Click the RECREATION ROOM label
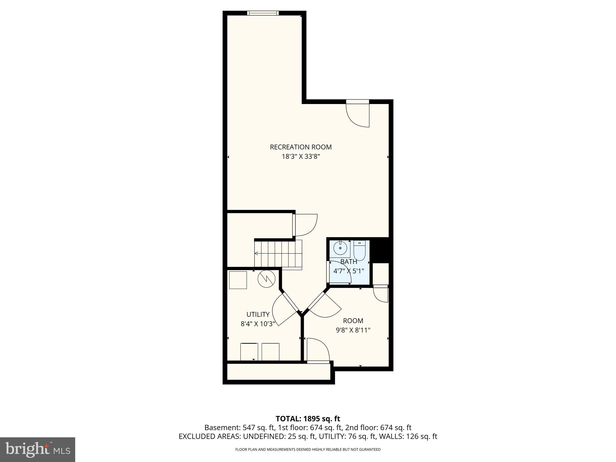301,147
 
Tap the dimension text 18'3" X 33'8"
301,156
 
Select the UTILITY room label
258,314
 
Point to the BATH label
349,262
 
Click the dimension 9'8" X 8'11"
353,330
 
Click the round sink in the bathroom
340,248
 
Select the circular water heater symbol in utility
266,279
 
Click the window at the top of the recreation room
263,13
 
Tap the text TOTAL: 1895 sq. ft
308,419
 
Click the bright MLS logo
38,450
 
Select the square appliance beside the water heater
238,280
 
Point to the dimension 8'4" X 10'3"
258,324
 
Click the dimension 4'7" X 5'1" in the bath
349,271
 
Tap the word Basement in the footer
220,428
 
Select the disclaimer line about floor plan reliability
308,449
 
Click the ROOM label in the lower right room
353,321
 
